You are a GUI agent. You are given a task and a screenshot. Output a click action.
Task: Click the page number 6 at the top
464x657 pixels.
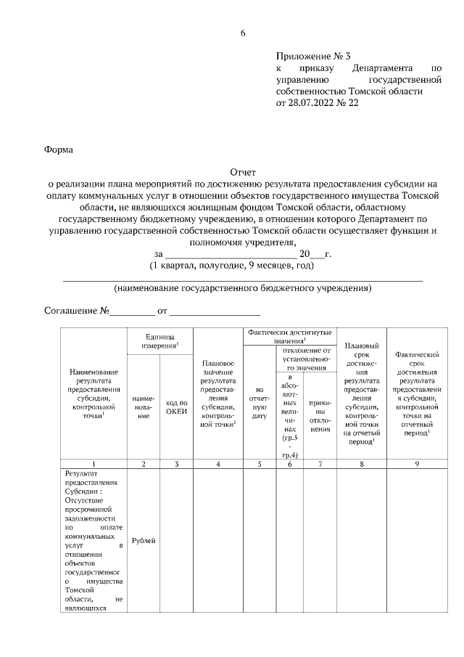pos(243,33)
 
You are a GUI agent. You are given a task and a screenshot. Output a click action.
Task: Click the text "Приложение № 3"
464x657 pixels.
pos(313,57)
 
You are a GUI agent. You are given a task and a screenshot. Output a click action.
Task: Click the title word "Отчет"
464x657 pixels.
pos(243,173)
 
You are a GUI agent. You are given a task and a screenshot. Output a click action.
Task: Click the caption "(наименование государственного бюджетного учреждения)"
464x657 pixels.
pos(243,288)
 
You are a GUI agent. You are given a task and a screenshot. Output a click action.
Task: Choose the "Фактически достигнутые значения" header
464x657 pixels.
pos(289,335)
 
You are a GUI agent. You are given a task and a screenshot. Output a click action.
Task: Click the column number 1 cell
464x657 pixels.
pos(94,463)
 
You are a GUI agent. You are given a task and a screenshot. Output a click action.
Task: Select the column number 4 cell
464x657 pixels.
pos(217,463)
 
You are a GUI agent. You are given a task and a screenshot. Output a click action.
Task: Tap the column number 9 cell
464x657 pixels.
pos(417,463)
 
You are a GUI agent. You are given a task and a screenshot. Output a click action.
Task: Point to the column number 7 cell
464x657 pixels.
pos(319,463)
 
